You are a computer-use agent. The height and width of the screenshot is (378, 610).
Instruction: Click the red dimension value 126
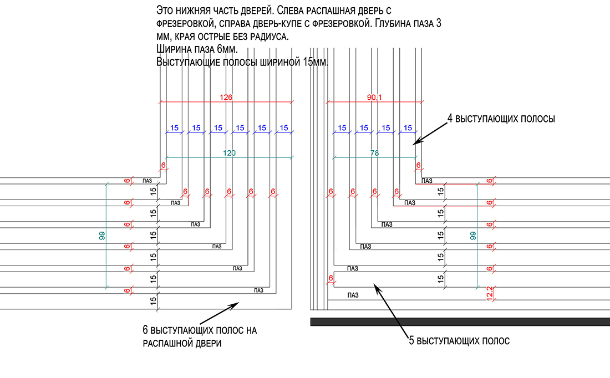[x=226, y=98]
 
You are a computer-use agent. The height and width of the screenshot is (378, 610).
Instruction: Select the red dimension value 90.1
[x=375, y=98]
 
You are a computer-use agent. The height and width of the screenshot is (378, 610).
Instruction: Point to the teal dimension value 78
[x=374, y=154]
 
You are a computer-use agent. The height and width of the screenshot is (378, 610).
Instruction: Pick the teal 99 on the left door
[x=101, y=235]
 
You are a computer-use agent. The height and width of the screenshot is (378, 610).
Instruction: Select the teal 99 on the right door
[x=472, y=235]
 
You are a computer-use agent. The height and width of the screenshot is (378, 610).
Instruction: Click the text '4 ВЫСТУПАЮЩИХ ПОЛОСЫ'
[x=501, y=119]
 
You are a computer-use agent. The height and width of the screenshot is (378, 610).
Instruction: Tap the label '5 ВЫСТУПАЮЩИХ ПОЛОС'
[x=459, y=341]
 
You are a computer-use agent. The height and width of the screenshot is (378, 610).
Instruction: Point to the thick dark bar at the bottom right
[x=460, y=321]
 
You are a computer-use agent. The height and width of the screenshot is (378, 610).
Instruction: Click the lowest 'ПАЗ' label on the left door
[x=258, y=290]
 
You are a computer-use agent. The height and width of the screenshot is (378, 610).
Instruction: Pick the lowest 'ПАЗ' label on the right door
[x=353, y=294]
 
